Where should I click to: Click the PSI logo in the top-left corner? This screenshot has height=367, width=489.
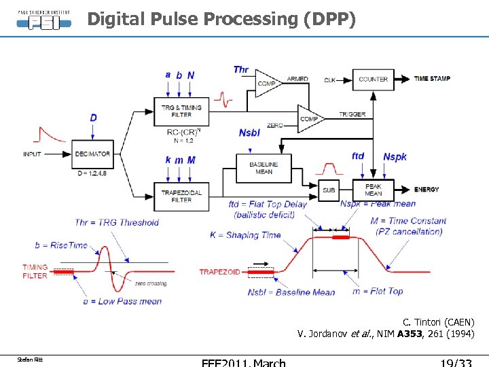coord(43,18)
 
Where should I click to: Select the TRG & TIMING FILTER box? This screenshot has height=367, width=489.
coord(181,111)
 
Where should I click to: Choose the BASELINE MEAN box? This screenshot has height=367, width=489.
coord(264,167)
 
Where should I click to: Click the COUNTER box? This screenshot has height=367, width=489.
coord(373,79)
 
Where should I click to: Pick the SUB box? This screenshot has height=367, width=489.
coord(329,190)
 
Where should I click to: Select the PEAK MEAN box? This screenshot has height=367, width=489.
coord(373,190)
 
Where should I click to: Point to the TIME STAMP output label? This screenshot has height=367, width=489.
coord(432,79)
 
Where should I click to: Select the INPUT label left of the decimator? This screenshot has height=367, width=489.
coord(33,154)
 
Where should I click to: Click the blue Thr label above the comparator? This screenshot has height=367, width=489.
coord(241,69)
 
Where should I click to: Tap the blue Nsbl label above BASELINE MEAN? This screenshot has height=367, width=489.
coord(249,133)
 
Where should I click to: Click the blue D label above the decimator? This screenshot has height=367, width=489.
coord(93,118)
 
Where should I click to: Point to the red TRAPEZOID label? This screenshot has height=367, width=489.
coord(219,272)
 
